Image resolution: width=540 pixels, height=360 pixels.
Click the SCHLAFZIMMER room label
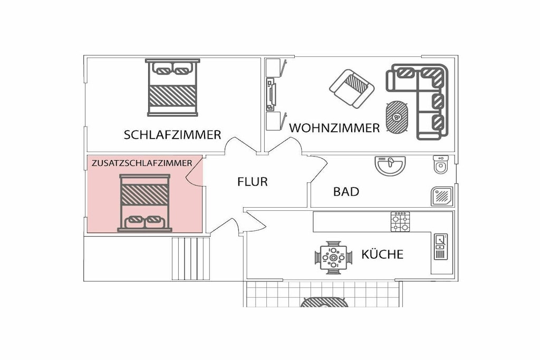tap(172, 134)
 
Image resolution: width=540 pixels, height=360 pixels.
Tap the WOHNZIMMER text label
tap(334, 128)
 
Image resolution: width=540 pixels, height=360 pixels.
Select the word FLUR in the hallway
tap(253, 182)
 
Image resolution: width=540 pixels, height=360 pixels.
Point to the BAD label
tap(346, 192)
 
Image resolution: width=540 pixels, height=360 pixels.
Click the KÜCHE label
tap(382, 254)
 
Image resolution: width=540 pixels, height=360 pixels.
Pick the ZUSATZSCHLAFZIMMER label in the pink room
tap(142, 163)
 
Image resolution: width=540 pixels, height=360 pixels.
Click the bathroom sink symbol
tap(390, 166)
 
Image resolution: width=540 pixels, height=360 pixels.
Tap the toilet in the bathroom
tap(441, 164)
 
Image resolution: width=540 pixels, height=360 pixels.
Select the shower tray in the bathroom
tap(442, 197)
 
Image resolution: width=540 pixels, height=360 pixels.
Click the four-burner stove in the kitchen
tap(400, 222)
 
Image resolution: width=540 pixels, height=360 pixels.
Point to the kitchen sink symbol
tap(440, 247)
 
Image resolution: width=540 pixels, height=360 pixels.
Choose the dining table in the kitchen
tap(333, 257)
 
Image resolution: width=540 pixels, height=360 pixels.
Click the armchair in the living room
tap(352, 89)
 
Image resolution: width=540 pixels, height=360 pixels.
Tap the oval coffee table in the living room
tap(397, 117)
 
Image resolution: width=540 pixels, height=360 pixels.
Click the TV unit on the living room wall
tap(271, 95)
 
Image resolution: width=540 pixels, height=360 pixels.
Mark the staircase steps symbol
tap(191, 258)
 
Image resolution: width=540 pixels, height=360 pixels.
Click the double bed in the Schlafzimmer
tap(172, 87)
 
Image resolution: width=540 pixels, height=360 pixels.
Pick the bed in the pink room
tap(144, 203)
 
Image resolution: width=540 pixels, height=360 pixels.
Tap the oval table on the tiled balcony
tap(324, 302)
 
